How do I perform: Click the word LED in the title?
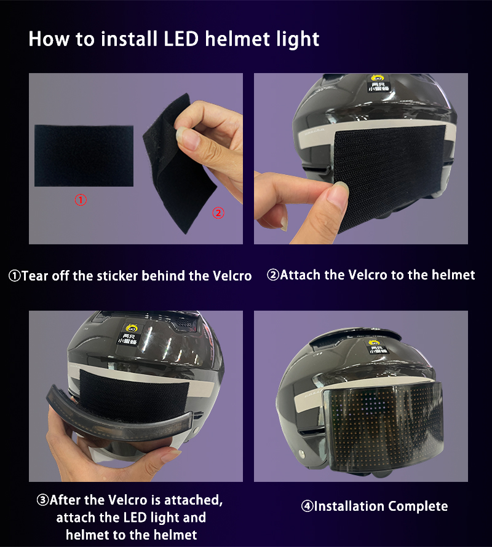[181, 39]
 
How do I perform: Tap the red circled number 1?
[81, 200]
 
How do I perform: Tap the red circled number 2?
[218, 213]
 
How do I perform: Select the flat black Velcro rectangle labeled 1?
[84, 155]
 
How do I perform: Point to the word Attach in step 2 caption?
[300, 275]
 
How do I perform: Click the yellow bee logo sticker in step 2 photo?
[378, 83]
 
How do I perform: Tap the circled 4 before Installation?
[307, 506]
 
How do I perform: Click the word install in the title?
[129, 39]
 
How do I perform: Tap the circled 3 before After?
[42, 500]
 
